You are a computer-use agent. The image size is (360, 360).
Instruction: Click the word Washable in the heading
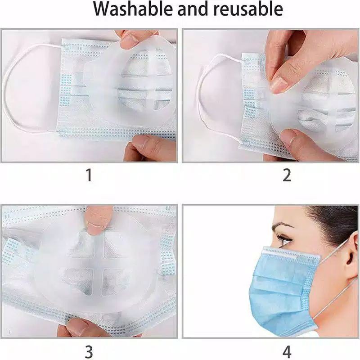click(x=133, y=9)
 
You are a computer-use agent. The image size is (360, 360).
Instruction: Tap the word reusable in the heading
click(x=248, y=9)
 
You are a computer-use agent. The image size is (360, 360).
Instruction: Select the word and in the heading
click(x=194, y=9)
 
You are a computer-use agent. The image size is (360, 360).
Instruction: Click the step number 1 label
click(x=89, y=175)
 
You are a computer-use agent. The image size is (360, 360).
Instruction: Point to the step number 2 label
click(x=287, y=175)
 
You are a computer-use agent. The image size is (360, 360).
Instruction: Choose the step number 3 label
click(x=89, y=351)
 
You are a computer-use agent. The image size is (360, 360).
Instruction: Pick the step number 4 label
click(x=287, y=351)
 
